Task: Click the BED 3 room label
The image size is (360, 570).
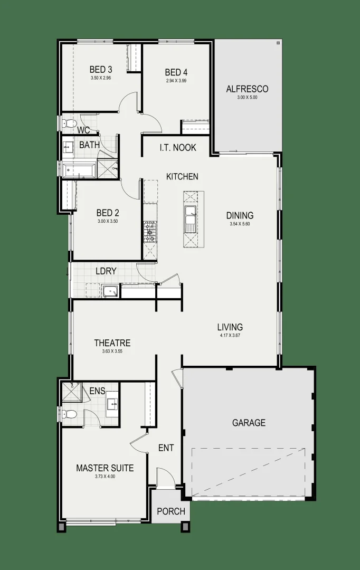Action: [100, 69]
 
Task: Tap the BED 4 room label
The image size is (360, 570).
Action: [176, 72]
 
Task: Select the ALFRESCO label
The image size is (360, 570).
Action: [247, 89]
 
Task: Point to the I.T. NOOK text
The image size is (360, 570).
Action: [178, 148]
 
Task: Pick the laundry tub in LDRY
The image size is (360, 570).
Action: [110, 291]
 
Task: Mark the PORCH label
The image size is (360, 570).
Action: [171, 511]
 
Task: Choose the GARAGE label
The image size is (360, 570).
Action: [248, 423]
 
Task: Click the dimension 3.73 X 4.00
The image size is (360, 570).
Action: [105, 477]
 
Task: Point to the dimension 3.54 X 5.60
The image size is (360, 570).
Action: [240, 224]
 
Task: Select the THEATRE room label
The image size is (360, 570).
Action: [112, 343]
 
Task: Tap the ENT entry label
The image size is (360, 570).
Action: [166, 449]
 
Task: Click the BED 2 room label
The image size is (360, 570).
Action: [107, 213]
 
